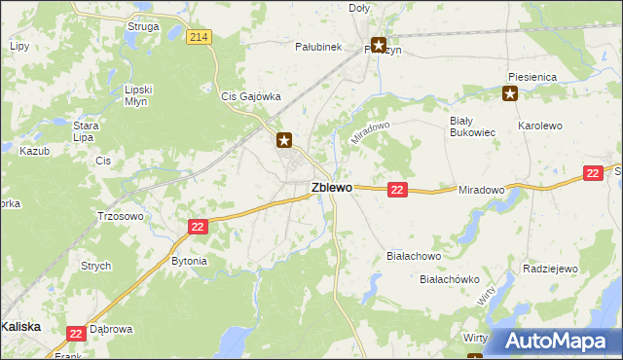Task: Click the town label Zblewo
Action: (331, 188)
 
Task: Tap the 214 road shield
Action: (199, 37)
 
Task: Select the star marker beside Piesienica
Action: (509, 94)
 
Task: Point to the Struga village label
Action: (143, 26)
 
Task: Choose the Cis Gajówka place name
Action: (251, 97)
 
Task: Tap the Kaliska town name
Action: (20, 327)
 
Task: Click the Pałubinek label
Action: (318, 46)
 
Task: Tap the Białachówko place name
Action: (450, 279)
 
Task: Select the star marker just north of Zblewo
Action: (284, 140)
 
